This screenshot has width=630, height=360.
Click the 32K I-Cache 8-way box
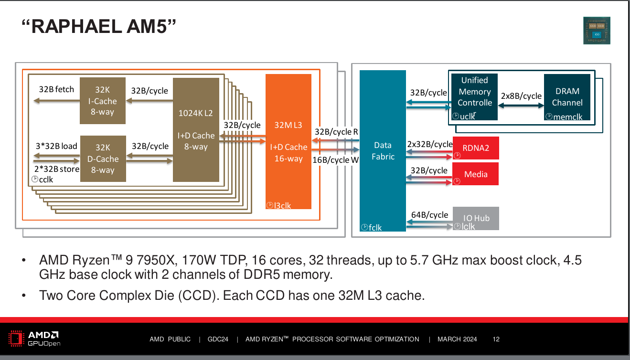pos(102,101)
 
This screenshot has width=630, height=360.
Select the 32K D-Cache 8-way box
pos(103,159)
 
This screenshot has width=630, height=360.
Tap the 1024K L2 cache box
pos(195,130)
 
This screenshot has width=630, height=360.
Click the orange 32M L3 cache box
pos(288,141)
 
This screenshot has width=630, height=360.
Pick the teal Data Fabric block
pos(383,151)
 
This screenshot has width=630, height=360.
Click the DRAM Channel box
pos(567,97)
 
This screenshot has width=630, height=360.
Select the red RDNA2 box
pos(475,148)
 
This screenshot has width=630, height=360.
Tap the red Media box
pos(475,174)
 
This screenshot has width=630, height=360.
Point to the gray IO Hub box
pos(476,218)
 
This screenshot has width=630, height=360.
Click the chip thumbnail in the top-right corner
pos(597,31)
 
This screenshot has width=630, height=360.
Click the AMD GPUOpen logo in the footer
pos(34,338)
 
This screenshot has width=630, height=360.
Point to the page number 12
pos(496,339)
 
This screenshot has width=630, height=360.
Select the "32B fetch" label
pos(56,89)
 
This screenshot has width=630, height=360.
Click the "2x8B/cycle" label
pos(521,96)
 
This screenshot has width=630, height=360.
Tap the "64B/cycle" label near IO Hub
pos(429,215)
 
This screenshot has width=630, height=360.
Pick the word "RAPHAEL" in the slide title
pos(73,27)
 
